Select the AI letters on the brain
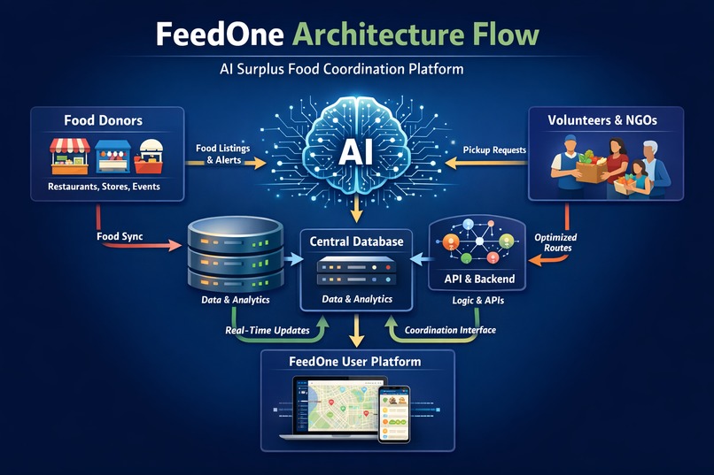[354, 152]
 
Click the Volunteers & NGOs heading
[603, 119]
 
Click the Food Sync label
[120, 236]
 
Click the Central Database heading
[356, 241]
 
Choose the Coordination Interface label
[450, 330]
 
